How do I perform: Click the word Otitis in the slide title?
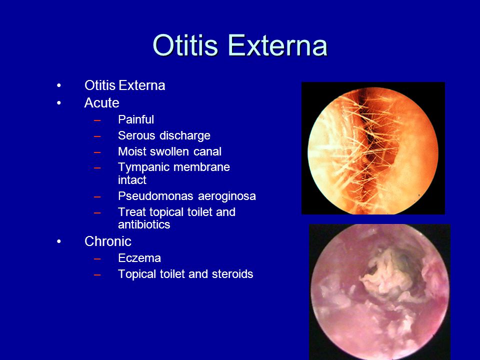coord(185,45)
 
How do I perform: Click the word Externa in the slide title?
coord(277,45)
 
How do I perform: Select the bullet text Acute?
coord(101,103)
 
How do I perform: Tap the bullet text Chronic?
coord(108,241)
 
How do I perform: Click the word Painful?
coord(136,119)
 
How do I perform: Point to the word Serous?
coord(136,135)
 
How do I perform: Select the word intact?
coord(132,180)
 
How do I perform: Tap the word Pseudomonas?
coord(156,196)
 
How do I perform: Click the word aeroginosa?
coord(227,196)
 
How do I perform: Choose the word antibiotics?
coord(144,224)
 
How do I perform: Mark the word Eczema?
coord(139,258)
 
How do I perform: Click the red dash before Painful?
coord(97,120)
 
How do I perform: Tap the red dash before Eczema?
coord(97,258)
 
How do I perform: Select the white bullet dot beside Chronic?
coord(59,241)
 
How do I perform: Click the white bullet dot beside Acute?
coord(59,103)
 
